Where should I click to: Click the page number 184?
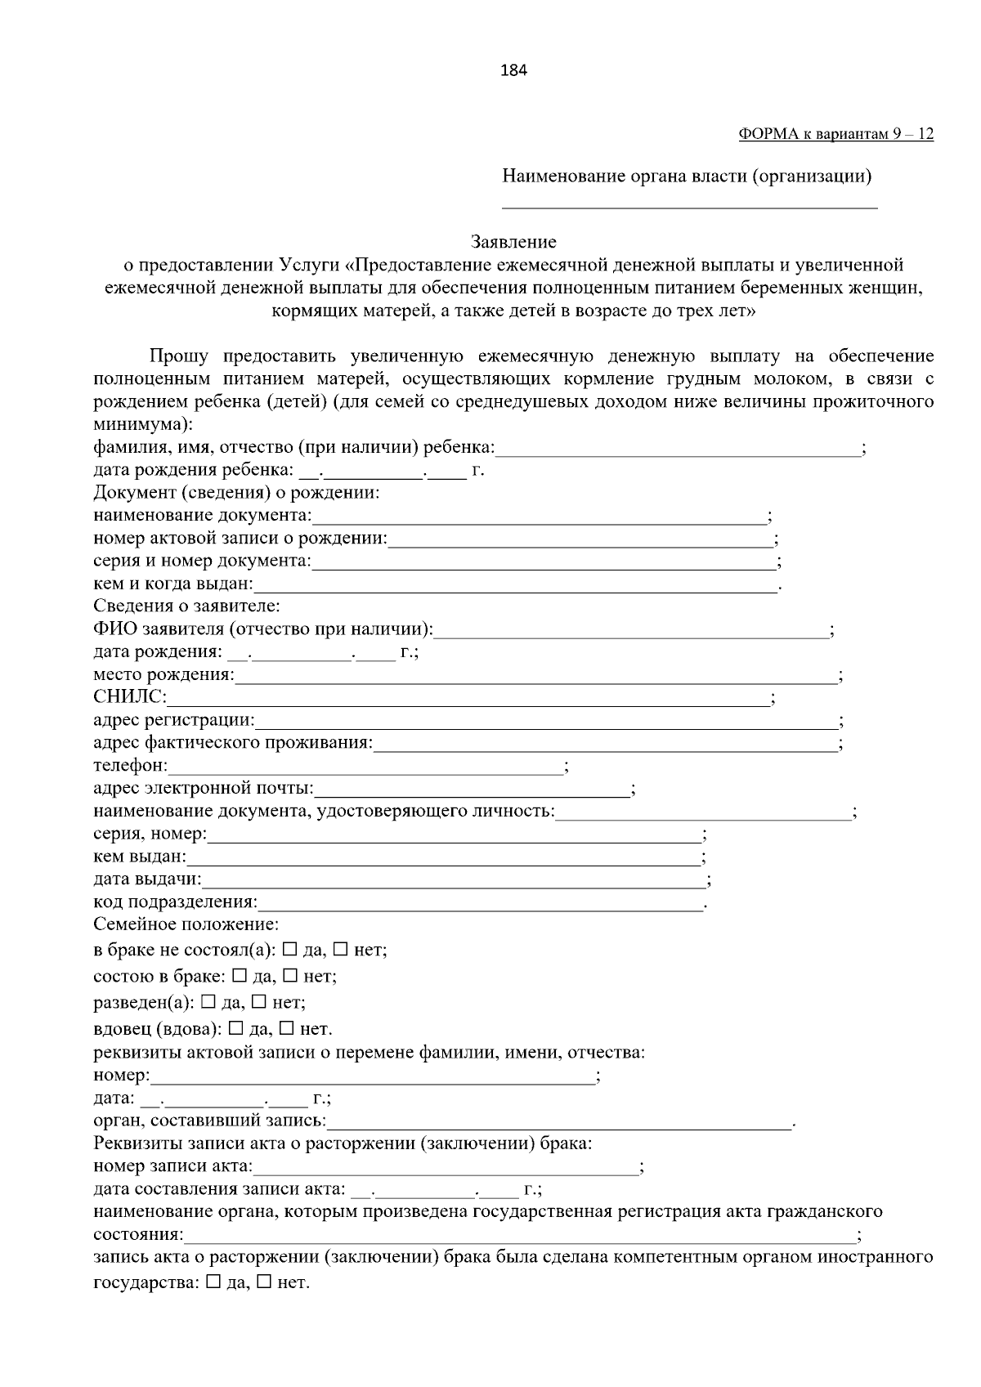(x=513, y=70)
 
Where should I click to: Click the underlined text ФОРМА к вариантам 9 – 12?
(x=835, y=134)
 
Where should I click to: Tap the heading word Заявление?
(x=513, y=242)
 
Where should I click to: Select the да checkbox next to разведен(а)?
(x=208, y=1001)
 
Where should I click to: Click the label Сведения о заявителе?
(x=186, y=606)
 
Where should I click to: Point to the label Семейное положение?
(x=186, y=924)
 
